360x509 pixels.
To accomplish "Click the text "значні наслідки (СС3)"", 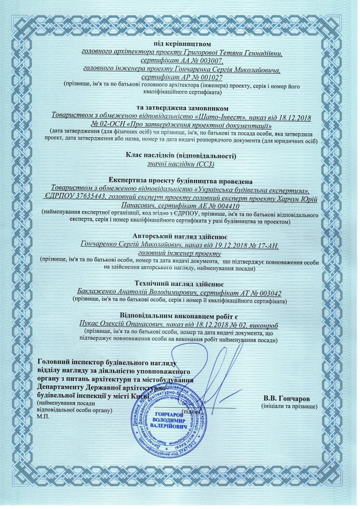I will [x=180, y=164].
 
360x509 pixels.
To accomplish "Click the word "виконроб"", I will [x=271, y=323].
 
